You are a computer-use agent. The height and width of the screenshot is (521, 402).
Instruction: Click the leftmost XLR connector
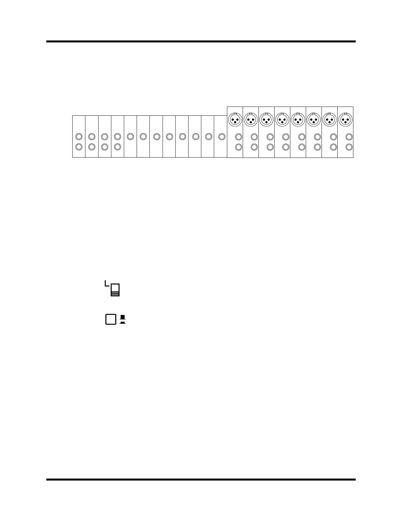point(235,119)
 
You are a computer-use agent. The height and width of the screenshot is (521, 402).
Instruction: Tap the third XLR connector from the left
point(266,119)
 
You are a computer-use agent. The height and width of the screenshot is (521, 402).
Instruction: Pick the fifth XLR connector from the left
point(298,119)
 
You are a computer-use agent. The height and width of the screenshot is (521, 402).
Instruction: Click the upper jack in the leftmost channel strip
point(79,136)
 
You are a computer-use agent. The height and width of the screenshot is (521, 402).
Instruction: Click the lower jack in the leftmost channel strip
point(79,147)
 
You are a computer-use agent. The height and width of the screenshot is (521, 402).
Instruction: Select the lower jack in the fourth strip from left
point(117,147)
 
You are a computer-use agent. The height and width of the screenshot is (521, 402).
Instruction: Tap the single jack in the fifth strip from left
point(130,136)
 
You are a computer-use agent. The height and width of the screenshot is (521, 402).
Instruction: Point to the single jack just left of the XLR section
point(221,136)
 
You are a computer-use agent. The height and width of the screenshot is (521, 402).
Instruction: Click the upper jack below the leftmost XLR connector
point(239,136)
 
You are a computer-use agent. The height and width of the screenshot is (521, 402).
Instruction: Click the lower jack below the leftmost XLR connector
point(239,147)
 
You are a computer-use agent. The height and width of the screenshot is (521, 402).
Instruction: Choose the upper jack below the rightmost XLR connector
point(349,136)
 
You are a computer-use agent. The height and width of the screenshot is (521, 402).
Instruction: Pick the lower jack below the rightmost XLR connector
point(349,147)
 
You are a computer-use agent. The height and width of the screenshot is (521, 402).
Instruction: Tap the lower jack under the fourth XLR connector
point(286,147)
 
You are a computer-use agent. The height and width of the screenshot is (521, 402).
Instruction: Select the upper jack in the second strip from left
point(92,136)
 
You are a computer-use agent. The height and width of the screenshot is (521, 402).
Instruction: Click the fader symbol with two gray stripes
point(115,290)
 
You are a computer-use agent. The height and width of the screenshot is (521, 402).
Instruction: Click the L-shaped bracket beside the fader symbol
point(106,284)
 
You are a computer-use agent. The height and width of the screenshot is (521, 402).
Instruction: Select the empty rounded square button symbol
point(111,319)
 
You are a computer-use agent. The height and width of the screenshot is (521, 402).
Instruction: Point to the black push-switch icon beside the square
point(123,319)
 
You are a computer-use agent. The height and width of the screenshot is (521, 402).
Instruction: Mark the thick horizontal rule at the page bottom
point(201,480)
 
